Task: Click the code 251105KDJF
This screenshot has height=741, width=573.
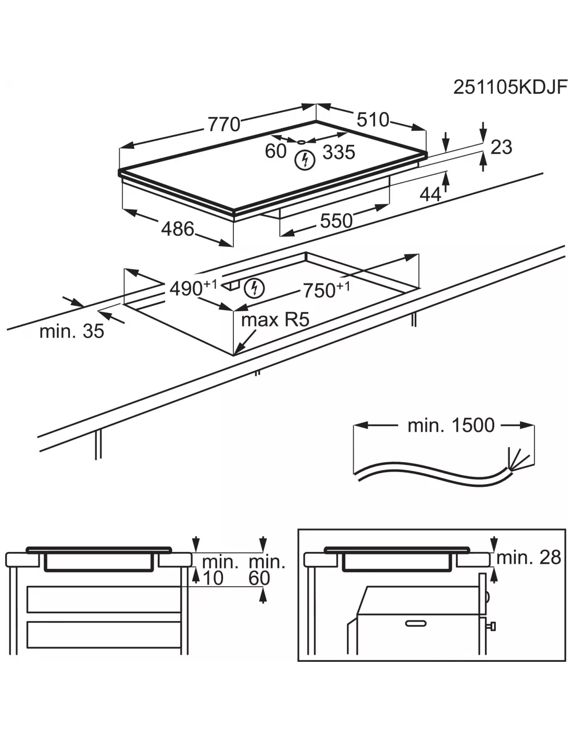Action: [509, 87]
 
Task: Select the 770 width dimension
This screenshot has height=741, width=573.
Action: [224, 125]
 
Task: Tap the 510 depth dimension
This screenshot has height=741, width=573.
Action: [373, 120]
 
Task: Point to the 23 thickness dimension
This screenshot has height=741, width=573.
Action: [501, 147]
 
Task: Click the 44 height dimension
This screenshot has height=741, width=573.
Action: [431, 194]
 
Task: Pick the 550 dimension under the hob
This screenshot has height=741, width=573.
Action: [336, 221]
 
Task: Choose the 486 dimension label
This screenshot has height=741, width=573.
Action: [178, 229]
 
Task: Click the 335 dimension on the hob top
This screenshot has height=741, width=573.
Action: [339, 152]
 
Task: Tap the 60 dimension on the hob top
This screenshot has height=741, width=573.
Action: [276, 151]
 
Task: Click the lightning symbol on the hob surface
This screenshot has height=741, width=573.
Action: [305, 160]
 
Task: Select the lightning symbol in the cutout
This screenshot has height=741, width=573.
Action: [254, 288]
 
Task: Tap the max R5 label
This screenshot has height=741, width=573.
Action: [275, 319]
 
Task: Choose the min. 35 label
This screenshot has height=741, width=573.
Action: [72, 331]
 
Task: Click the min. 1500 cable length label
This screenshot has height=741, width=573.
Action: [451, 425]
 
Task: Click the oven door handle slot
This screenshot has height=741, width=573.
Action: [415, 623]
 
